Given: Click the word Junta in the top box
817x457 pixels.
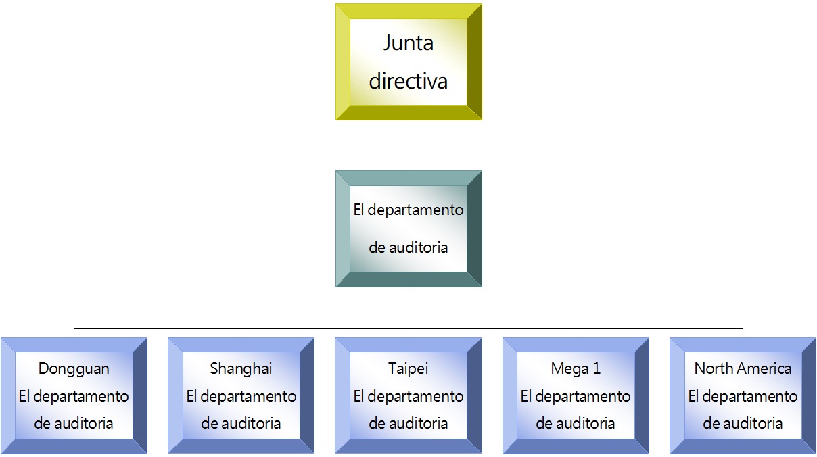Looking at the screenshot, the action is click(x=408, y=43).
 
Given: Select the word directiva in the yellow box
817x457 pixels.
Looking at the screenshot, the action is click(x=408, y=80).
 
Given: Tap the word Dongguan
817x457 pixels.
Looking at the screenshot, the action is click(x=74, y=369).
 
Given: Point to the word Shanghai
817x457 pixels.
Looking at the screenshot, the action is click(x=241, y=368).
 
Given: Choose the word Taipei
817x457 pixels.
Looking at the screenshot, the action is click(x=408, y=368).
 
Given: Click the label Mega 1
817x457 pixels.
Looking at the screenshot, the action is click(x=576, y=368).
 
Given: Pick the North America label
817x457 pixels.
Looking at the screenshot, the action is click(x=743, y=368).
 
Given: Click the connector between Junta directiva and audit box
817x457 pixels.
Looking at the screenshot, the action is click(x=408, y=145).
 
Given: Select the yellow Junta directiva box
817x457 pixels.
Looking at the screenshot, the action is click(x=408, y=62).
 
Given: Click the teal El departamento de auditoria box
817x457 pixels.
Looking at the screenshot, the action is click(x=408, y=228).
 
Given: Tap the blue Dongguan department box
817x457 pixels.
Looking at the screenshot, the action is click(x=74, y=395).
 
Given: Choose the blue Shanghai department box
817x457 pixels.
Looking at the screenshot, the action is click(x=241, y=395).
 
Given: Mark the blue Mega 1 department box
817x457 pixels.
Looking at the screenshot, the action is click(x=576, y=395).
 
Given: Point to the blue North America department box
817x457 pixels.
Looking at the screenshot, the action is click(x=743, y=395).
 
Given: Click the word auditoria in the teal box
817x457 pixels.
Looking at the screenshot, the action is click(x=418, y=247).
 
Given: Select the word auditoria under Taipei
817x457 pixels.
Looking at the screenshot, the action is click(x=418, y=423).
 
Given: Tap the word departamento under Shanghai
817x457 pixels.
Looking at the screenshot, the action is click(x=248, y=397).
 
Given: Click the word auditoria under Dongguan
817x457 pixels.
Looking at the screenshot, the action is click(x=83, y=423).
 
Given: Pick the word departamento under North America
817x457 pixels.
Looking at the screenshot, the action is click(x=750, y=397).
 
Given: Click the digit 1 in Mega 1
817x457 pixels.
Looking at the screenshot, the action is click(x=597, y=368).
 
